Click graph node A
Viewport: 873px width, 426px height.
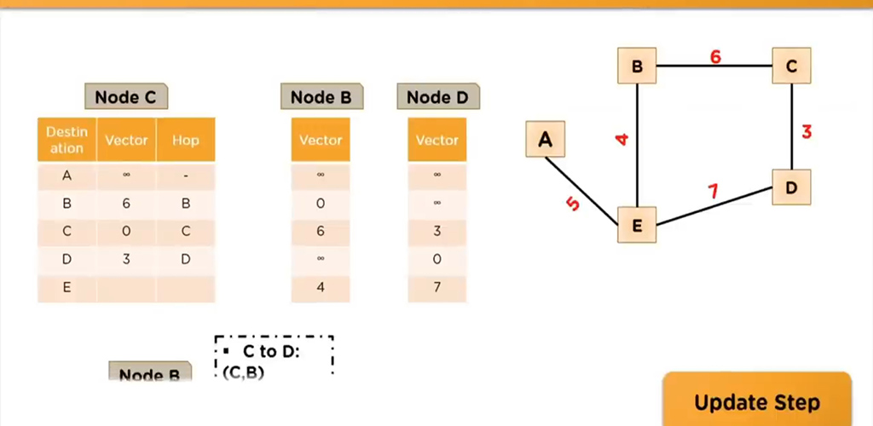point(546,139)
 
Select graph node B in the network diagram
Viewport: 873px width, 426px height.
point(638,66)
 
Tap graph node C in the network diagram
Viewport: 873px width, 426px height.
point(792,66)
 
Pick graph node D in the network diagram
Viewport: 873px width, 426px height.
point(792,187)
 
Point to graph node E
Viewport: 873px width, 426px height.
point(638,225)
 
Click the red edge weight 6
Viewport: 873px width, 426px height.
point(715,57)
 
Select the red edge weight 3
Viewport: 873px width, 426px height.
point(807,131)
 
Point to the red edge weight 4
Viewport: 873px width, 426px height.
point(622,138)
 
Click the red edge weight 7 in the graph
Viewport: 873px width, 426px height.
point(713,191)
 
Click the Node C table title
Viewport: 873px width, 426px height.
point(125,97)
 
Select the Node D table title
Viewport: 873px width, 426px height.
point(437,97)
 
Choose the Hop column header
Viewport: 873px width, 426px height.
point(185,141)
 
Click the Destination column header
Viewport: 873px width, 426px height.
point(66,141)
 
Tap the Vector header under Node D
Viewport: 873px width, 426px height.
point(437,141)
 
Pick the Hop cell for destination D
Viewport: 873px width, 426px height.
point(185,259)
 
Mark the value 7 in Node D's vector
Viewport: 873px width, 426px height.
point(437,288)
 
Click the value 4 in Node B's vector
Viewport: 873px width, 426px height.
point(321,288)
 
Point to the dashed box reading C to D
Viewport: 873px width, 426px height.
point(273,357)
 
